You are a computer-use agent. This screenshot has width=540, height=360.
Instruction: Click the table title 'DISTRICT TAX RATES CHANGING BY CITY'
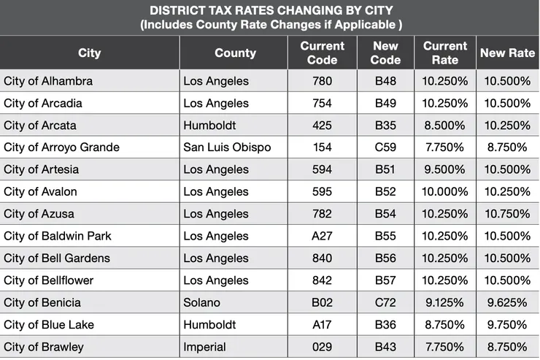point(270,10)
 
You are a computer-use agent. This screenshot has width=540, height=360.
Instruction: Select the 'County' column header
point(235,53)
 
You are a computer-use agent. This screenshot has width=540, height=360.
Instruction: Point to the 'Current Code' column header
point(322,53)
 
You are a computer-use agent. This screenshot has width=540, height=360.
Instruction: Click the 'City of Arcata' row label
point(40,125)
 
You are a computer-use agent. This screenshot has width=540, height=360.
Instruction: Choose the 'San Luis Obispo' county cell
point(227,147)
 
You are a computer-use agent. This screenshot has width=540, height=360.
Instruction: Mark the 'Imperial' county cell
point(205,347)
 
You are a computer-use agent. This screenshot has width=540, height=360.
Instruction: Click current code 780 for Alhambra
point(322,80)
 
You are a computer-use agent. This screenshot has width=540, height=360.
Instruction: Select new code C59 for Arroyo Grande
point(385,147)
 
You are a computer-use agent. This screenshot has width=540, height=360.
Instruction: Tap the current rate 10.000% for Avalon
point(445,191)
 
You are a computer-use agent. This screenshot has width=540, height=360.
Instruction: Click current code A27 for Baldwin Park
point(322,236)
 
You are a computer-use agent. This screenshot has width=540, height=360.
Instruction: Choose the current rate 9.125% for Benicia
point(445,302)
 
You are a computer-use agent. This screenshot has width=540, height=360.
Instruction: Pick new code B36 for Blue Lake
point(385,324)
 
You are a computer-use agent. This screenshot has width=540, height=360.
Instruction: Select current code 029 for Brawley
point(322,347)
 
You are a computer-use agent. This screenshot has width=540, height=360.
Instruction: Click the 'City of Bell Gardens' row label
point(57,258)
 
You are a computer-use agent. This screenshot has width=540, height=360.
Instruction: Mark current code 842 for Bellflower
point(322,280)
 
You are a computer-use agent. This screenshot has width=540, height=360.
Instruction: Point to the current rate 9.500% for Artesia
point(445,169)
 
